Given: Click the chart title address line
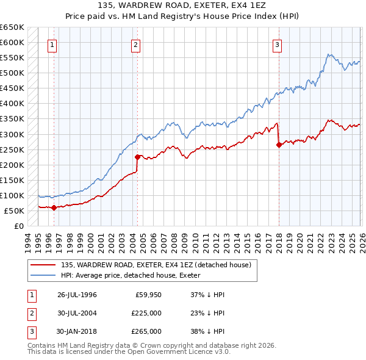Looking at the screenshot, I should pos(182,5).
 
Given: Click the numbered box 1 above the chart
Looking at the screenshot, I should pos(52,44).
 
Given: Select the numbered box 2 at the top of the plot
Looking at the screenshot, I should pos(135,44).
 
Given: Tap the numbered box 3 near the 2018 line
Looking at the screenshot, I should pos(277,44).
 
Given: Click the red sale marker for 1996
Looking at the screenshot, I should pos(54,207).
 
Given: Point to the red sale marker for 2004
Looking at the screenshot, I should pos(137,157).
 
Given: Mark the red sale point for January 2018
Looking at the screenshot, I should pos(279,145).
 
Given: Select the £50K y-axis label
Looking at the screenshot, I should pos(14,211).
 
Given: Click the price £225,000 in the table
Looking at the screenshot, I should pos(146,313).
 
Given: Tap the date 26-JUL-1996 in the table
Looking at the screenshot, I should pos(77,295).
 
